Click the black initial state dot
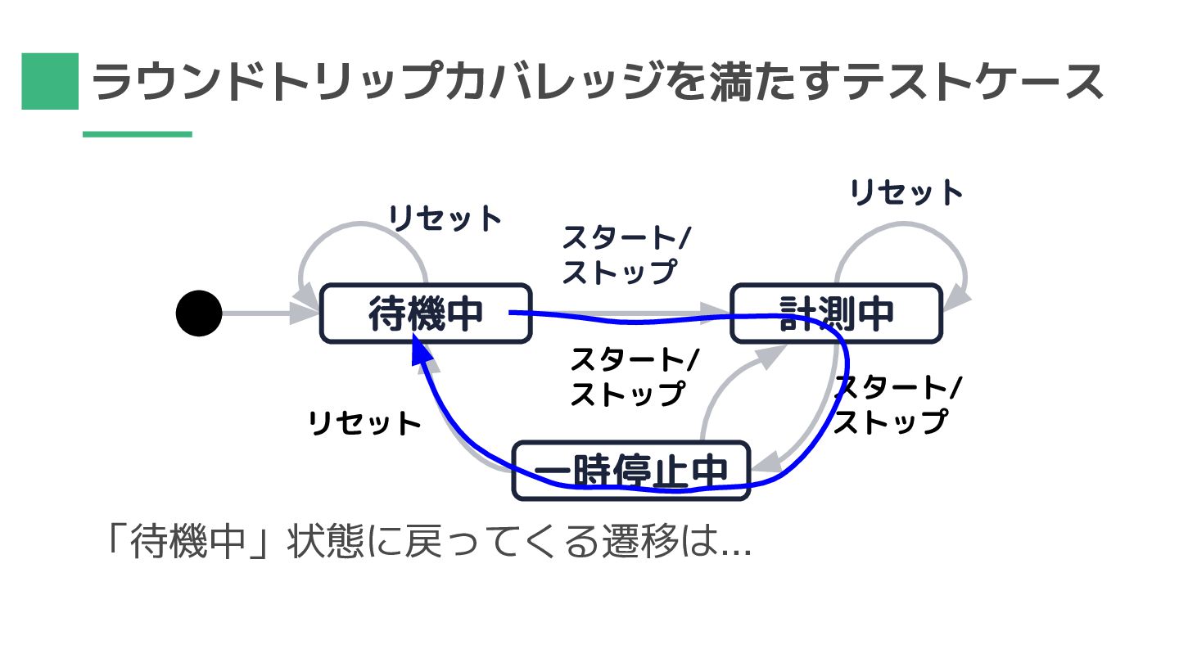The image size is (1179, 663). click(x=199, y=313)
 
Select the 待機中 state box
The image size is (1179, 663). click(x=425, y=313)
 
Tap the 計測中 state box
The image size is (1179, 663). click(x=835, y=313)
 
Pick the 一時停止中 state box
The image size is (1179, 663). click(x=630, y=470)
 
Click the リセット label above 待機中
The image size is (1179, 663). click(x=445, y=219)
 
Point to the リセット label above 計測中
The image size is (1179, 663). click(x=906, y=193)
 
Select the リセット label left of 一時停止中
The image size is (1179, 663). click(x=364, y=424)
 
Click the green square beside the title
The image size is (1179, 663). click(x=50, y=81)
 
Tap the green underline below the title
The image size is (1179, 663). click(x=138, y=134)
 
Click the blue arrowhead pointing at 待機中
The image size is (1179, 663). click(x=420, y=350)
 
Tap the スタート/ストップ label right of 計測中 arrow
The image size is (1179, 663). click(x=897, y=404)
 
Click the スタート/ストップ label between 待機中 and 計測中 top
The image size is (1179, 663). click(x=626, y=255)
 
